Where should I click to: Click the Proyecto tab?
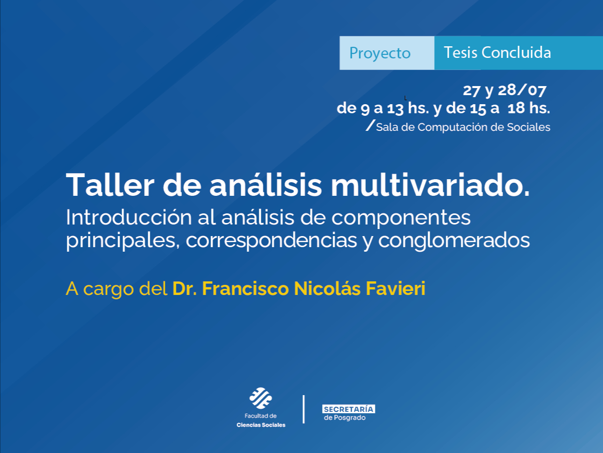pyautogui.click(x=380, y=53)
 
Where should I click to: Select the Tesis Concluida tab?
pyautogui.click(x=497, y=52)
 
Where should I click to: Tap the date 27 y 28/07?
pyautogui.click(x=504, y=91)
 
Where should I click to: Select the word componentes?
pyautogui.click(x=401, y=218)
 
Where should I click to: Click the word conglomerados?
pyautogui.click(x=454, y=241)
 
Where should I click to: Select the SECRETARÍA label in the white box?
pyautogui.click(x=349, y=409)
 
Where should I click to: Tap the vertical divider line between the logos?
pyautogui.click(x=304, y=409)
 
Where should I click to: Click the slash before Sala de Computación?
pyautogui.click(x=371, y=126)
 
